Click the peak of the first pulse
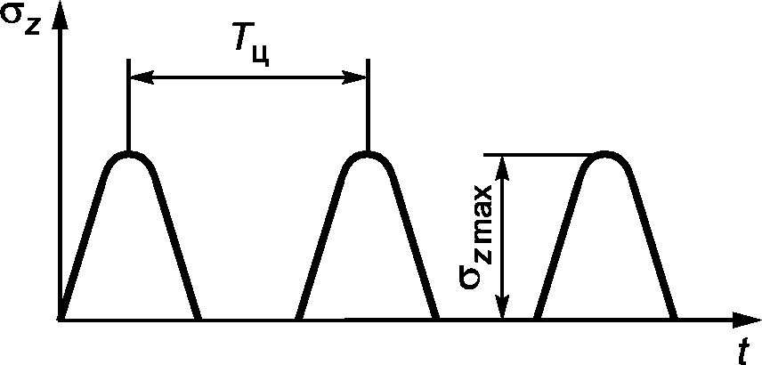pos(130,154)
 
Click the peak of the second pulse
pos(367,154)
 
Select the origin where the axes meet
pos(61,319)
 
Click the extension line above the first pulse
pos(130,107)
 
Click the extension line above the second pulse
pos(367,107)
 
